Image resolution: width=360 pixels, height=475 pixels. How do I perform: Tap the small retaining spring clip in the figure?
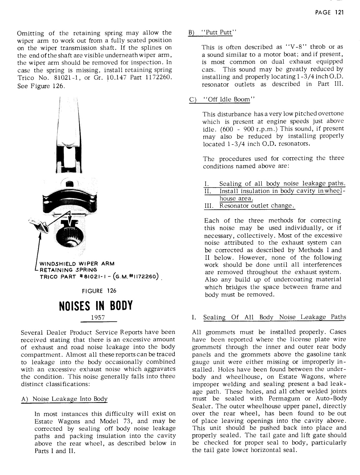[40, 227]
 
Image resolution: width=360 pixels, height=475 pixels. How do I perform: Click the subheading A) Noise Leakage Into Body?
[64, 399]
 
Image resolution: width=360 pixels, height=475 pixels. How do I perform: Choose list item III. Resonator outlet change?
[249, 206]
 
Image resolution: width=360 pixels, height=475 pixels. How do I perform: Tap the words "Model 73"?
[112, 421]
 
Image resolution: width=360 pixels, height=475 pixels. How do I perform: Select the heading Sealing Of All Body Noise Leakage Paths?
[275, 317]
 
